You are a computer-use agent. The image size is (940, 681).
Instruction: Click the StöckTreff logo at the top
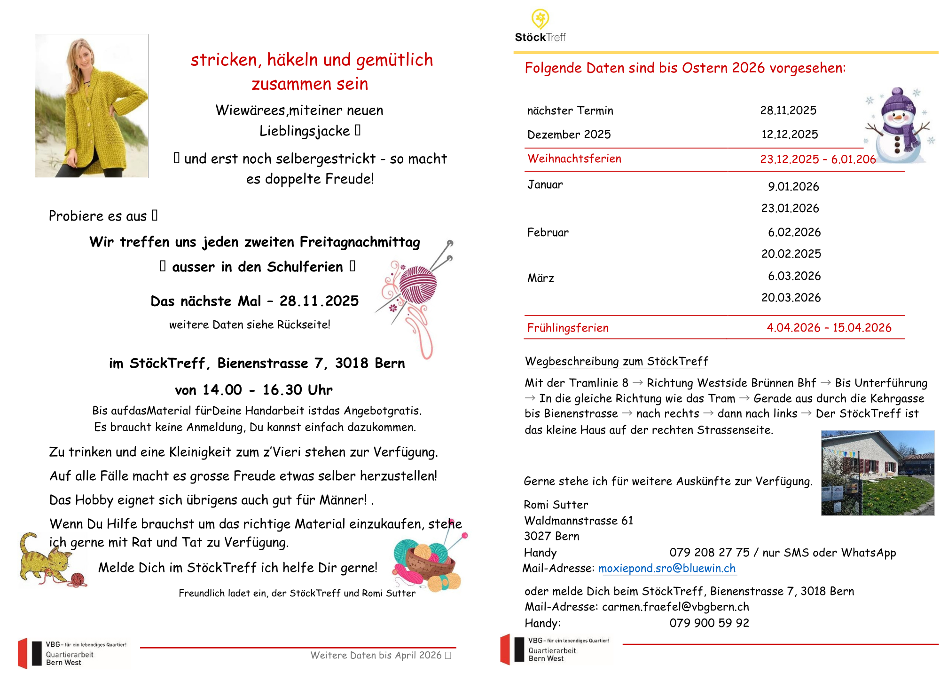[x=540, y=26]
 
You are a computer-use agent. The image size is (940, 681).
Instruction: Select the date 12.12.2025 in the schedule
[x=790, y=135]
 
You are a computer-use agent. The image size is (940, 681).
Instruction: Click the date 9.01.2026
[x=793, y=187]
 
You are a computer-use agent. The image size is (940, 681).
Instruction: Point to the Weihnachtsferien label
[x=574, y=159]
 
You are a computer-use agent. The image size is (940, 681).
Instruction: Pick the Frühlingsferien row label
[x=568, y=328]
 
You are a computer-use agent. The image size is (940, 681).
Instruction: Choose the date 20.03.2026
[x=791, y=298]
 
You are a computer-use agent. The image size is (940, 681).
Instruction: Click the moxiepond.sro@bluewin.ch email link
[x=667, y=569]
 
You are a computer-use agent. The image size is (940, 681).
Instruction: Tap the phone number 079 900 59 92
[x=709, y=623]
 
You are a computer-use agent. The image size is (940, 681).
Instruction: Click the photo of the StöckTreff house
[x=877, y=473]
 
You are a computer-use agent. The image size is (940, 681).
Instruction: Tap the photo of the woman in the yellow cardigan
[x=92, y=106]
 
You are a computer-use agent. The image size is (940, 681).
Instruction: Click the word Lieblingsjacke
[x=305, y=131]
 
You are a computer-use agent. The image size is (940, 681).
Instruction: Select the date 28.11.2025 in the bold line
[x=319, y=301]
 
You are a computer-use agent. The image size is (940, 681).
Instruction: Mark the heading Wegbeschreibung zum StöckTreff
[x=616, y=362]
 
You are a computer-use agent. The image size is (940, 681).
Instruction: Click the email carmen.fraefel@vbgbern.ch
[x=675, y=607]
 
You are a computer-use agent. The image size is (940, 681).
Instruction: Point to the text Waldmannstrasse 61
[x=579, y=521]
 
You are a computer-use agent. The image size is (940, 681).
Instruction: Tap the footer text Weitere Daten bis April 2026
[x=376, y=655]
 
